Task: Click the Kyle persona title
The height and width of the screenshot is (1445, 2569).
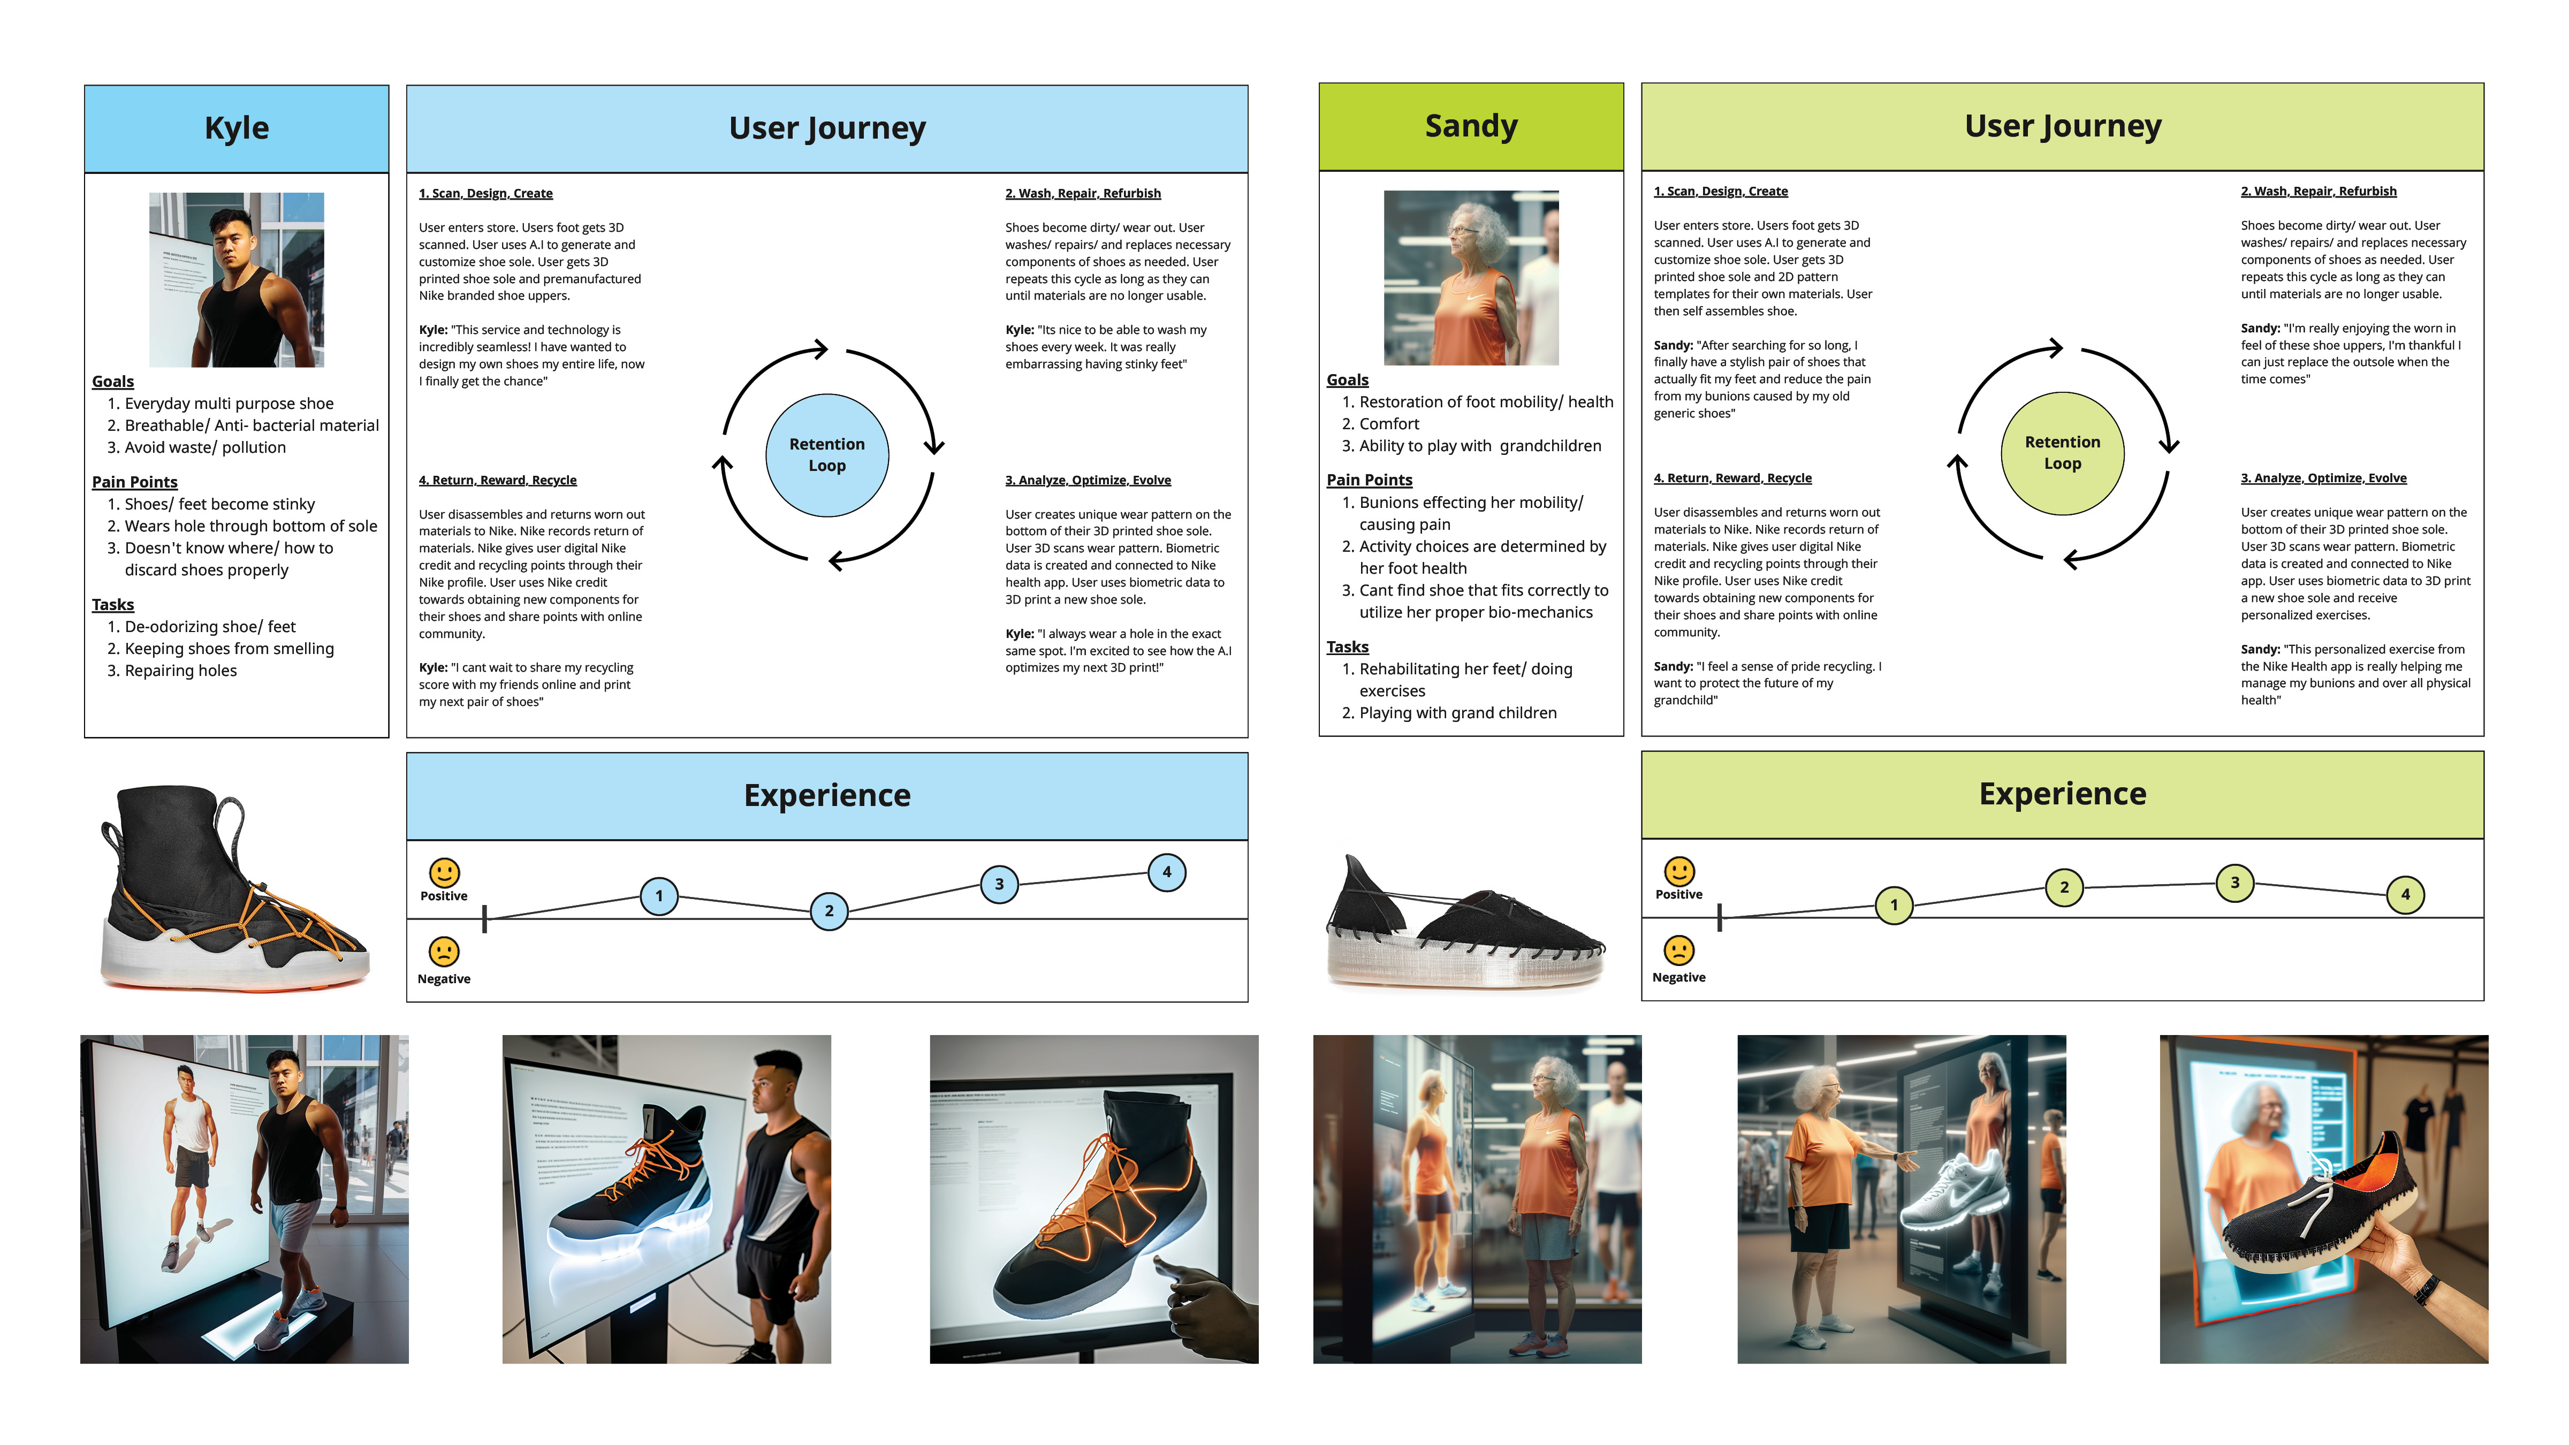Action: pos(237,128)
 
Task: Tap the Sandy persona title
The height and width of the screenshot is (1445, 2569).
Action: pos(1470,126)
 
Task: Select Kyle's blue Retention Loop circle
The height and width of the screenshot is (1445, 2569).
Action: pos(827,455)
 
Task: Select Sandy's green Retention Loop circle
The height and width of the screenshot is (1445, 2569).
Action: pos(2062,453)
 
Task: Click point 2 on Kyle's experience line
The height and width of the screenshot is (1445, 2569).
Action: pos(829,910)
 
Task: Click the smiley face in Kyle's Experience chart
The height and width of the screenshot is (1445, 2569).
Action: pos(444,872)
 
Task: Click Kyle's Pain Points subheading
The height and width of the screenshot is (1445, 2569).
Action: pos(135,482)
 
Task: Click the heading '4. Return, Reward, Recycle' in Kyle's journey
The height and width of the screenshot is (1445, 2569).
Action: pos(498,480)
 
